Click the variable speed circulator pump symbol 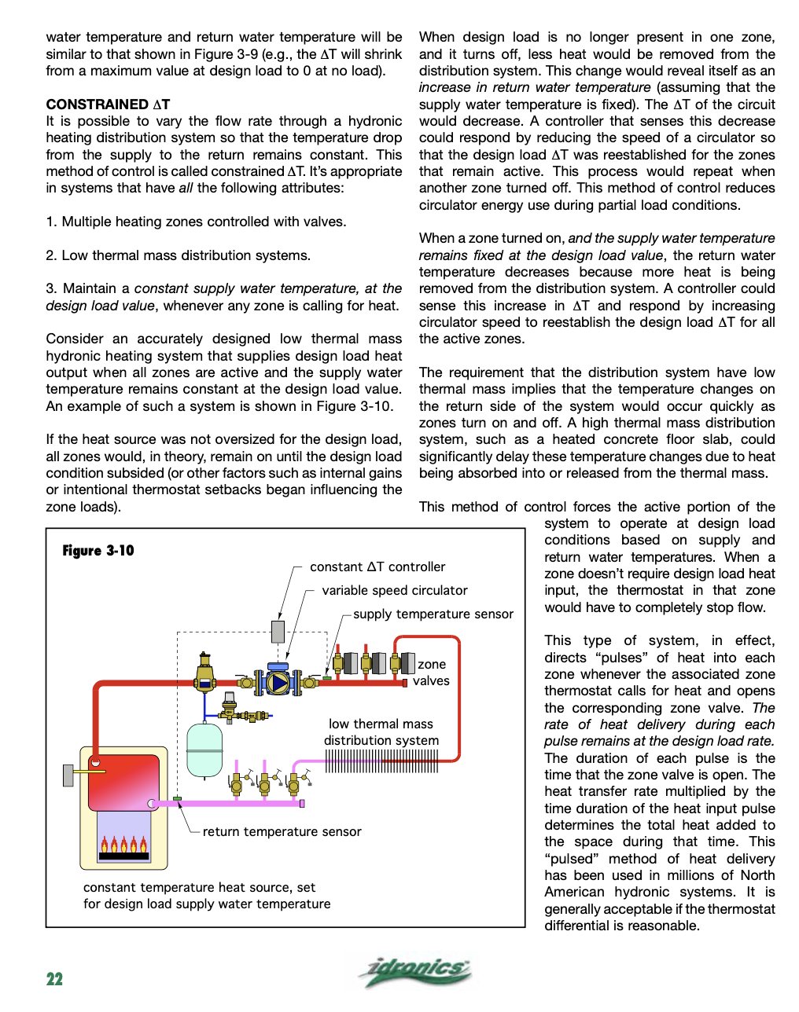click(278, 682)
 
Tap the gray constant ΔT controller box click(278, 631)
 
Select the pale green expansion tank click(204, 750)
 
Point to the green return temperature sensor click(178, 799)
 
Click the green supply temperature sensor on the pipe click(326, 676)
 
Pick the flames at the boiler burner click(123, 845)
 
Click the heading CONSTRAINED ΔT click(108, 104)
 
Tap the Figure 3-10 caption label click(98, 551)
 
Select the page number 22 click(54, 979)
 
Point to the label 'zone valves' click(431, 673)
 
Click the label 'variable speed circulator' click(395, 591)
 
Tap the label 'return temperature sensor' click(282, 832)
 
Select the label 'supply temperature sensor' click(433, 614)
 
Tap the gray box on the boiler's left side click(68, 775)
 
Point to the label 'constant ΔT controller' click(377, 567)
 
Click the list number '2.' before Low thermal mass click(51, 255)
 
